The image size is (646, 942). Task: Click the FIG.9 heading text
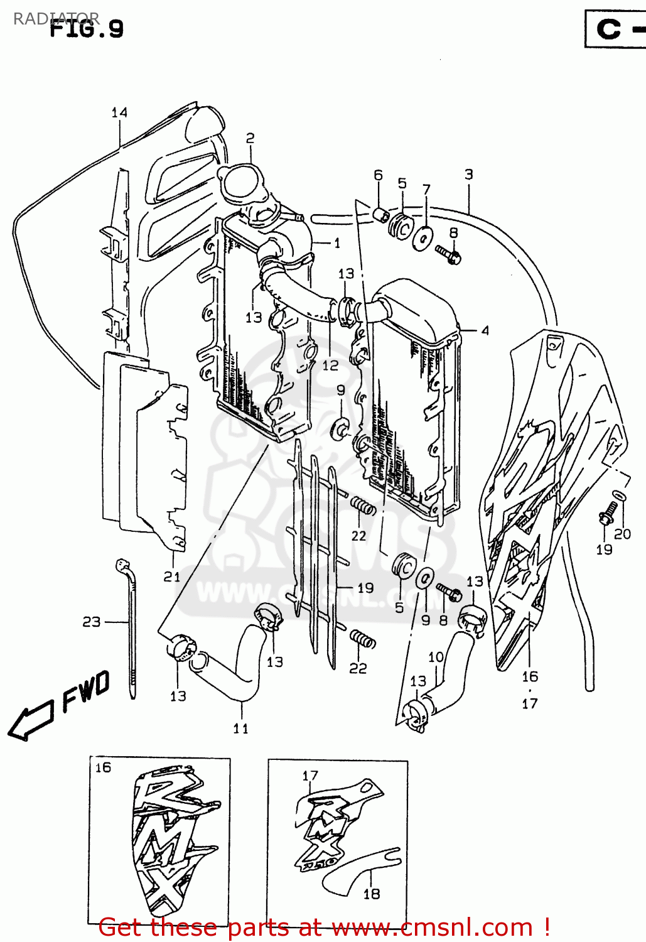(x=87, y=30)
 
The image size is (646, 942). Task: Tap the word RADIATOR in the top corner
(x=56, y=18)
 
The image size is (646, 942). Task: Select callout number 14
(x=119, y=112)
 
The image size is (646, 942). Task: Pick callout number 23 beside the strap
(x=92, y=622)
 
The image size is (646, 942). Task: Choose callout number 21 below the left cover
(x=172, y=577)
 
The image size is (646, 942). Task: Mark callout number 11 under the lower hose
(x=240, y=728)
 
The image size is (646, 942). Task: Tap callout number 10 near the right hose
(x=436, y=657)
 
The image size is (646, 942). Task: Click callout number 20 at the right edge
(x=622, y=534)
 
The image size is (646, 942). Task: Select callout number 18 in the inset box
(x=372, y=894)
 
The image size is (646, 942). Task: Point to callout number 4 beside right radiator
(x=485, y=330)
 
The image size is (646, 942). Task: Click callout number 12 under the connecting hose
(x=330, y=365)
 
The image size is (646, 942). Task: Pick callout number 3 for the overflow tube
(x=468, y=175)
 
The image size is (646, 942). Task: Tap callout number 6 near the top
(x=378, y=175)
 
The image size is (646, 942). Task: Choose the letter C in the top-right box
(x=608, y=29)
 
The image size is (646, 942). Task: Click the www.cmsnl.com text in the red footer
(x=432, y=927)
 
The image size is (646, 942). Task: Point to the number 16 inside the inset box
(x=103, y=767)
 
